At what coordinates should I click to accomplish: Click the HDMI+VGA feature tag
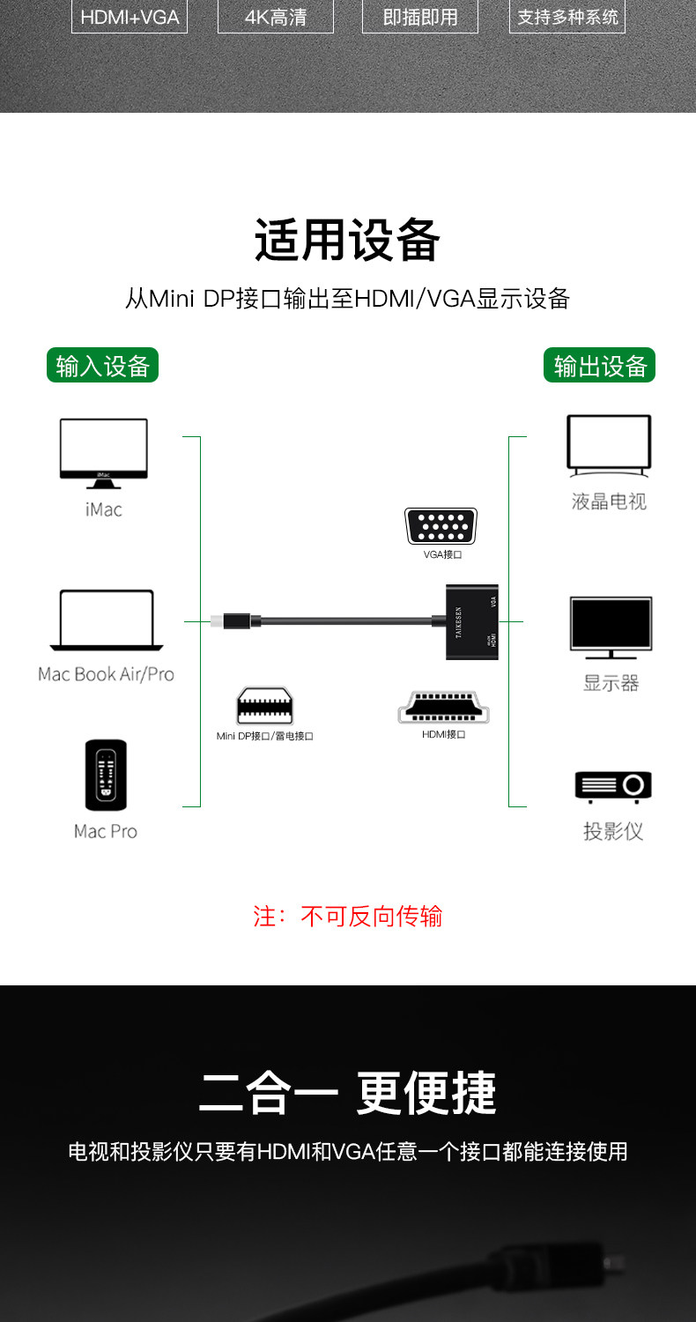pos(130,17)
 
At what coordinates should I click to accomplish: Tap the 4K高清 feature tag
pos(275,17)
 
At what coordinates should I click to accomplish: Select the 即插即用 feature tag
pos(420,17)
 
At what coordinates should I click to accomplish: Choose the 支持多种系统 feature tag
pos(566,17)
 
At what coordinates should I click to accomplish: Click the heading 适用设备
pos(347,241)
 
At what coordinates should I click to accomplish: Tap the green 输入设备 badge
pos(102,365)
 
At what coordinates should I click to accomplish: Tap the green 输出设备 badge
pos(599,365)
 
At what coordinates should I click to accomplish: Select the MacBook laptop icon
pos(107,620)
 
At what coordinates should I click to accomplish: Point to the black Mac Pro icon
pos(106,775)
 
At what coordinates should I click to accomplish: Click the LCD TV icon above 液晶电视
pos(609,447)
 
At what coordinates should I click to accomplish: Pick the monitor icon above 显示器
pos(611,628)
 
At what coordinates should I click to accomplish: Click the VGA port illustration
pos(441,526)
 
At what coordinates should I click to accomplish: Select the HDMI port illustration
pos(443,708)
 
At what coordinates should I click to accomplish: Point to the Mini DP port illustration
pos(264,705)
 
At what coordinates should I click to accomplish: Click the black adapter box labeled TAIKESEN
pos(472,623)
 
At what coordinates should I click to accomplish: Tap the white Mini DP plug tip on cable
pos(217,622)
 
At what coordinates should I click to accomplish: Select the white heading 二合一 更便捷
pos(347,1093)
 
